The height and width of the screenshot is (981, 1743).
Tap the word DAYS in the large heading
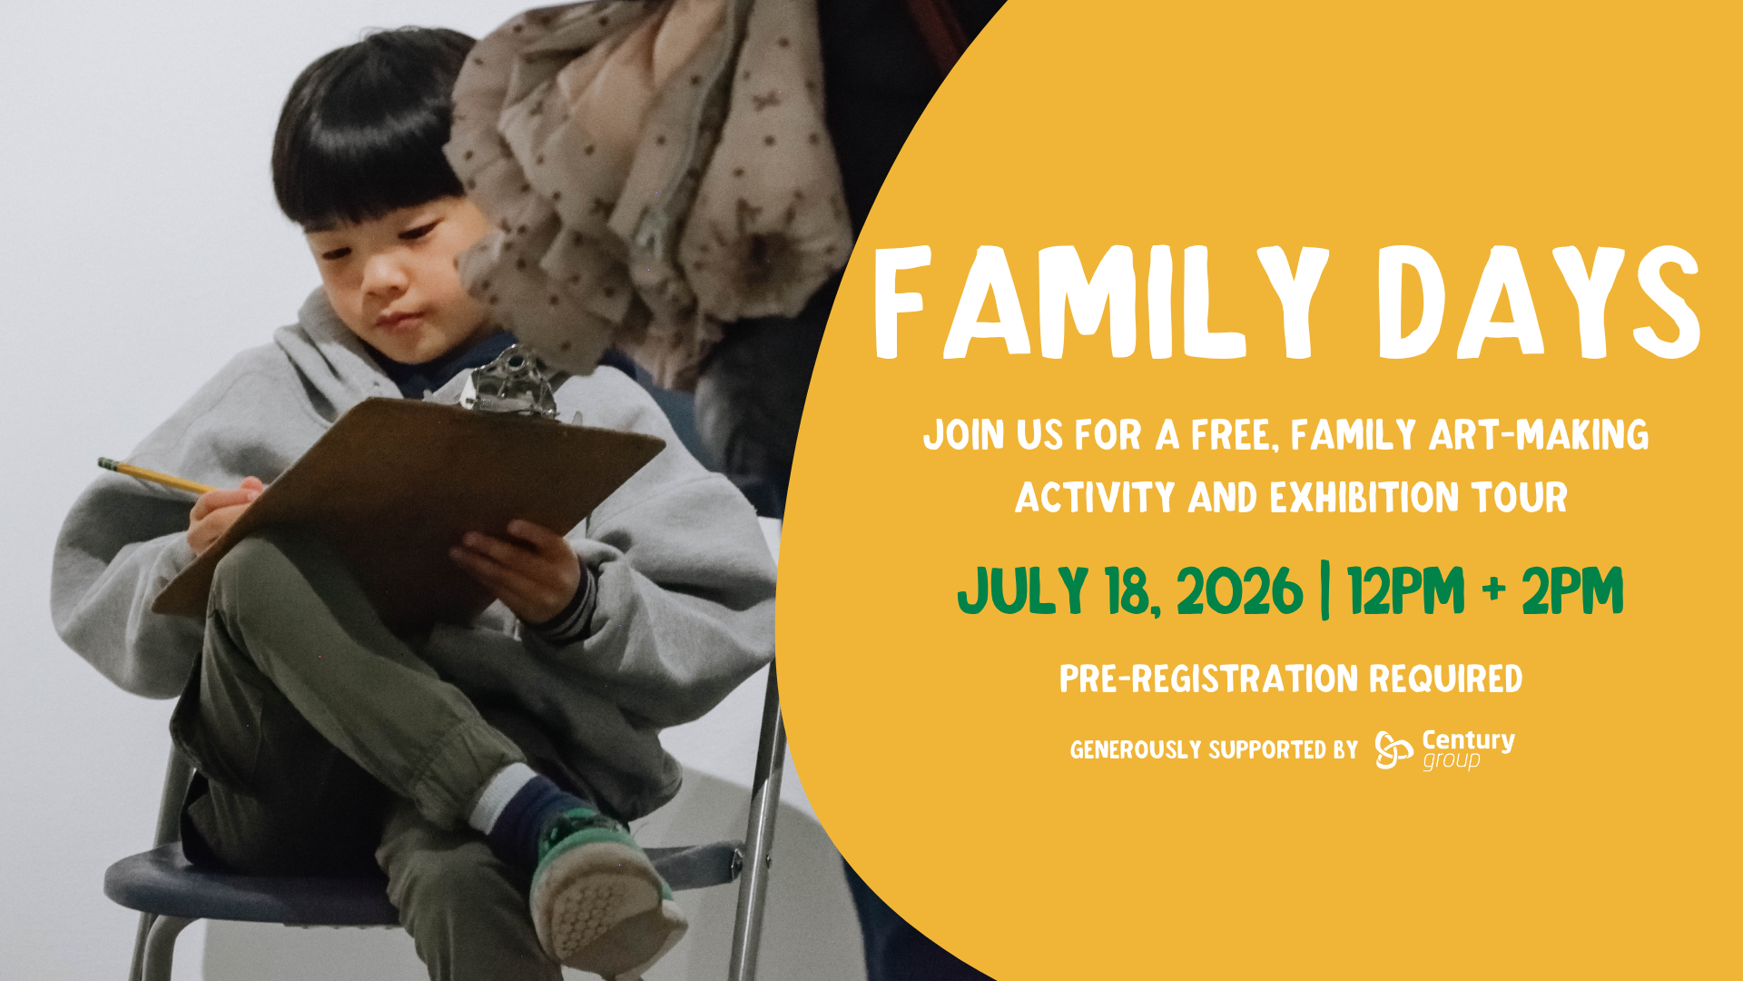pos(1538,302)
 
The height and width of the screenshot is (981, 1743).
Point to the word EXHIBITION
pos(1364,498)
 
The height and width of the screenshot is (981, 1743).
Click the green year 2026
pos(1240,590)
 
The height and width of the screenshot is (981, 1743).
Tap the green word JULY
pos(1022,590)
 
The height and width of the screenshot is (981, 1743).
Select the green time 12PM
pos(1406,590)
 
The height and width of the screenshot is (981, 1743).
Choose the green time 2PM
pos(1572,590)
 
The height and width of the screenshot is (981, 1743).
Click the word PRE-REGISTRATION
pos(1208,679)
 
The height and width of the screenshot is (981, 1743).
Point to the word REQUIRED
pos(1445,679)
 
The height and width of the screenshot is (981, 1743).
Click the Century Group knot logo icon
pos(1393,749)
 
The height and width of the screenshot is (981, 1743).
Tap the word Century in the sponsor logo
pos(1468,740)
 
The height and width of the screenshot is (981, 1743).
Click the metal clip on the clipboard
pos(514,381)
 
